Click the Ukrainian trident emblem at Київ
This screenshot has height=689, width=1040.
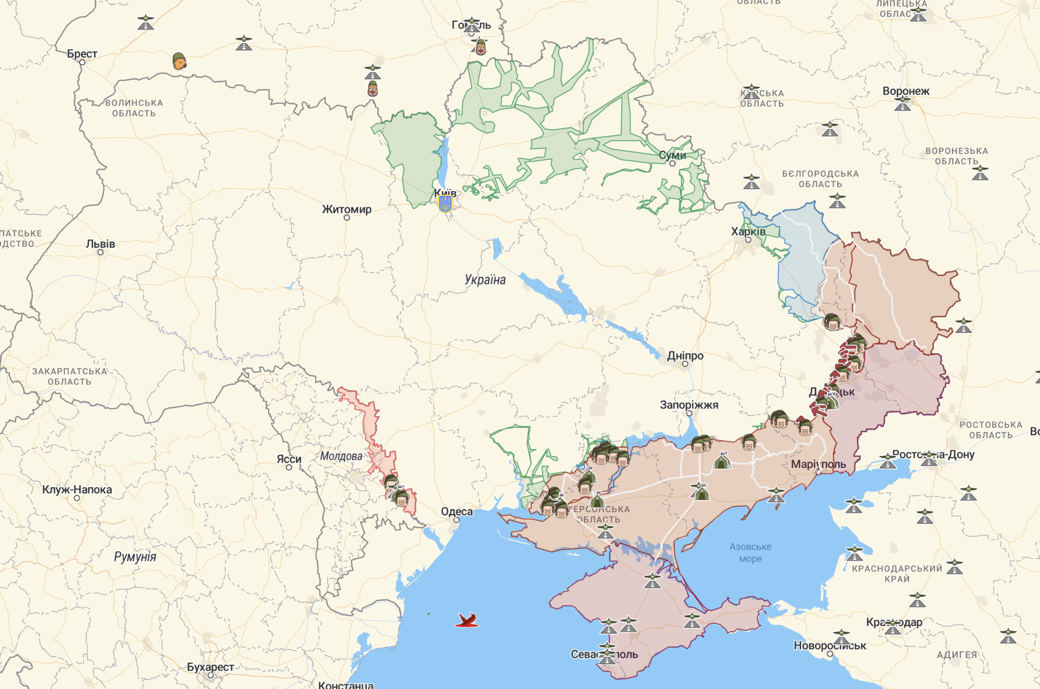(x=445, y=204)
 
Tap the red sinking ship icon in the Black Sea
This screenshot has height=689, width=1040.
(x=467, y=620)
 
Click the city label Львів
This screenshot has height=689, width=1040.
(x=101, y=244)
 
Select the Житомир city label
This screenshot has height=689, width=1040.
(x=347, y=209)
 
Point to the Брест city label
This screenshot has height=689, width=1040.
(x=82, y=54)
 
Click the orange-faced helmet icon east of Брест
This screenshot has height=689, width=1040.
(x=179, y=61)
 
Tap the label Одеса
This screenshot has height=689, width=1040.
(x=456, y=511)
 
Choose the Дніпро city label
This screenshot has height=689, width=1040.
(x=685, y=356)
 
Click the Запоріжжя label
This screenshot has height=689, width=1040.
(x=689, y=405)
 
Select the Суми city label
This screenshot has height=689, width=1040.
(x=672, y=155)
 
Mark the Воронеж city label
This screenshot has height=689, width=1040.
(x=906, y=91)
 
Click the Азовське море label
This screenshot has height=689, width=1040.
(x=750, y=552)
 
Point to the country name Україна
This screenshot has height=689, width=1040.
(x=485, y=280)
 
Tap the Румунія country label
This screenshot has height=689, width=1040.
(x=135, y=557)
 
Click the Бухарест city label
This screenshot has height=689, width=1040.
(x=210, y=667)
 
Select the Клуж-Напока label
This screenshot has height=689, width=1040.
(x=77, y=490)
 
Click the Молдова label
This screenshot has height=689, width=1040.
(x=341, y=456)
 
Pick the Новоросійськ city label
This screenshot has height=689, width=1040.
(x=830, y=646)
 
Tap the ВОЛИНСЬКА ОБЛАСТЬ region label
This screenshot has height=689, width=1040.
(x=134, y=108)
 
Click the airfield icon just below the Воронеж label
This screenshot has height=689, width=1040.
(x=903, y=104)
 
